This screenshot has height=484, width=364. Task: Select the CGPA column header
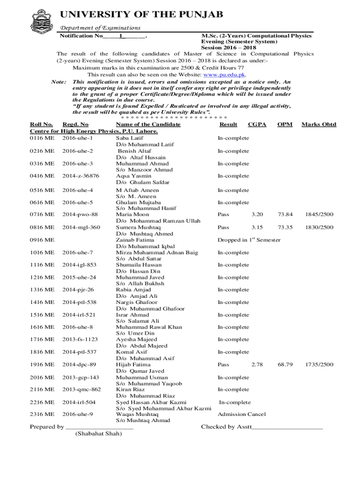[257, 124]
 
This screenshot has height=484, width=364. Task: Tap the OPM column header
[285, 124]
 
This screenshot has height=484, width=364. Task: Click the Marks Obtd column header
[319, 124]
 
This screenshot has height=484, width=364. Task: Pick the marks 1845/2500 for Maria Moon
[319, 215]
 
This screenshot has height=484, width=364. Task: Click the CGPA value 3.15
[257, 227]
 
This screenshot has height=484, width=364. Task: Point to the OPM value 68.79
[285, 364]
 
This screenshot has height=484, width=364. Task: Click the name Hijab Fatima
[133, 364]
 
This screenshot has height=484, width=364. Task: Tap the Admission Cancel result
[241, 415]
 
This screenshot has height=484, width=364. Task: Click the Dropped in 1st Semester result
[249, 240]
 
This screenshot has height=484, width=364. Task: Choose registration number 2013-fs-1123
[80, 339]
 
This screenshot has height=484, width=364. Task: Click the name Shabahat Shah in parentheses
[98, 434]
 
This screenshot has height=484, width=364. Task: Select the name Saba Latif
[130, 138]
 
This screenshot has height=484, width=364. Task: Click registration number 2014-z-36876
[81, 176]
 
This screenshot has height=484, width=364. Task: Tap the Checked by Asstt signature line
[287, 427]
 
